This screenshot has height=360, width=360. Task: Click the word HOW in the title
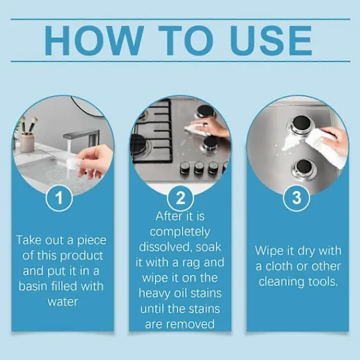[x=95, y=41]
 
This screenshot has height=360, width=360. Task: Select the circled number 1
[x=59, y=197]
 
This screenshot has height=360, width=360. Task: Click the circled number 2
[x=180, y=197]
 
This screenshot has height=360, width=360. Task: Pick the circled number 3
[x=296, y=197]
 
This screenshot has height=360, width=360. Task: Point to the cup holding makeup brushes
[x=28, y=142]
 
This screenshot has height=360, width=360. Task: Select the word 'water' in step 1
[x=63, y=302]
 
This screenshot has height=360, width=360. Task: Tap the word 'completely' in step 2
[x=180, y=232]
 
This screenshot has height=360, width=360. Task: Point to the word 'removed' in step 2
[x=190, y=324]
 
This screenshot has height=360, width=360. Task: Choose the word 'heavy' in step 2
[x=151, y=293]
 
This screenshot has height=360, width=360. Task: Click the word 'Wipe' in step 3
[x=269, y=251]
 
